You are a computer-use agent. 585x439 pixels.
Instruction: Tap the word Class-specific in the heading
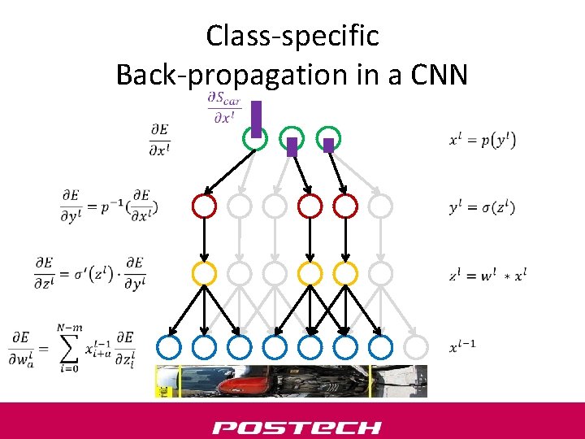[x=292, y=36]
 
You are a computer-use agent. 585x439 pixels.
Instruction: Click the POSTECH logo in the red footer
[x=297, y=427]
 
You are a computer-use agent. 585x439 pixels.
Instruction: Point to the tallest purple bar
[x=255, y=119]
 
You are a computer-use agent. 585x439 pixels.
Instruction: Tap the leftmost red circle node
[x=203, y=206]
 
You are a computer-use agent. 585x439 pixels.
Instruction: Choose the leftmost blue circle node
[x=168, y=347]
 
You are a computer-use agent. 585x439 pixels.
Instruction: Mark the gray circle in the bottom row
[x=415, y=347]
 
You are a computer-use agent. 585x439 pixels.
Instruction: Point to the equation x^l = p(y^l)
[x=483, y=139]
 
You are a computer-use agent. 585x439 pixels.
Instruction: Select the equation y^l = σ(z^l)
[x=483, y=207]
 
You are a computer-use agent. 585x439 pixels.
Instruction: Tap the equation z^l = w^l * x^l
[x=487, y=275]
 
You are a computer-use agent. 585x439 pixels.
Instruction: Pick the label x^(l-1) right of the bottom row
[x=462, y=347]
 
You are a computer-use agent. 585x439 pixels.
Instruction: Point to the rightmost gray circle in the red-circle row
[x=379, y=206]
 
